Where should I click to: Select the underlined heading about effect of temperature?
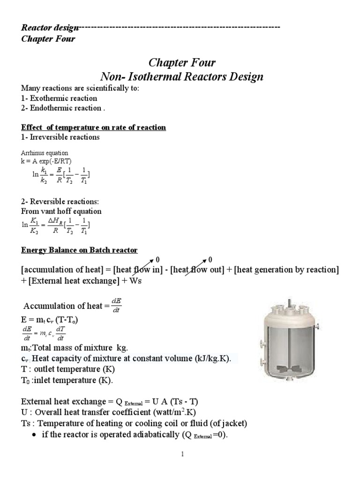[x=94, y=127]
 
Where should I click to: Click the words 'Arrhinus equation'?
[x=45, y=153]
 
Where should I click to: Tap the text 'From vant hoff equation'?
[x=61, y=211]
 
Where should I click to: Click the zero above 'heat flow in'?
[x=157, y=259]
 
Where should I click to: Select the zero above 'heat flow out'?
[x=210, y=259]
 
